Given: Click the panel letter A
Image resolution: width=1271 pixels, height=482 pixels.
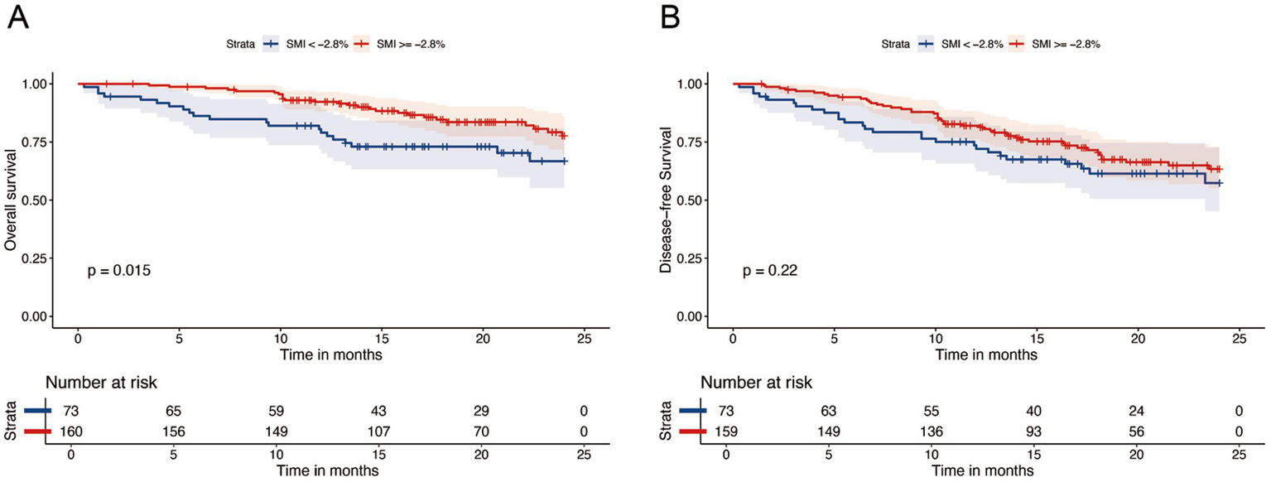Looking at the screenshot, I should click(x=18, y=17).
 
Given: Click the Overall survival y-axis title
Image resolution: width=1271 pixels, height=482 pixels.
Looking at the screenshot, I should click(x=11, y=200).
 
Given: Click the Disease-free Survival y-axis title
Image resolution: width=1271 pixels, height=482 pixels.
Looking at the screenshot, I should click(x=665, y=200).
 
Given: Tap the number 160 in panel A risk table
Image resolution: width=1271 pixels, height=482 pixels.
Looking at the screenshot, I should click(x=73, y=431).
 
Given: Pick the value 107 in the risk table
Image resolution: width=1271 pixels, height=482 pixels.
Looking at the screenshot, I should click(x=378, y=431).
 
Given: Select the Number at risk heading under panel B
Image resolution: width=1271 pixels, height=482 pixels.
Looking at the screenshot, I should click(x=755, y=383).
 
